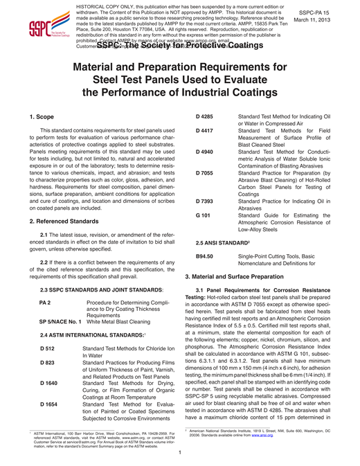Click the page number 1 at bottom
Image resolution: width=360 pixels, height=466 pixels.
tap(180, 453)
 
